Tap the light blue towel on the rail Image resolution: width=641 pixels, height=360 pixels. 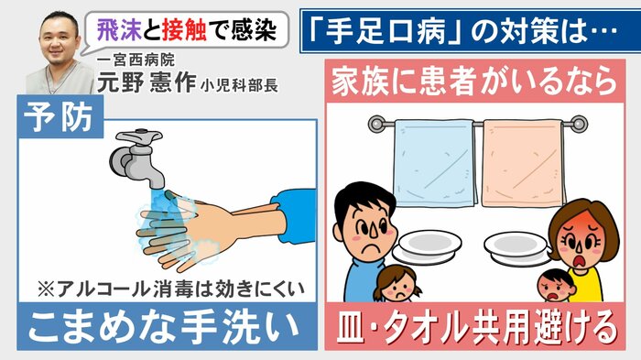[434, 163]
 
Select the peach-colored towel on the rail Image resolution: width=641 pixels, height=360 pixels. [523, 163]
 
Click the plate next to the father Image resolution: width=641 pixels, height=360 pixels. [427, 246]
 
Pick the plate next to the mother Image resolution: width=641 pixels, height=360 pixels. [518, 248]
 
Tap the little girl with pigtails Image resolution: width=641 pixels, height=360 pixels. [397, 283]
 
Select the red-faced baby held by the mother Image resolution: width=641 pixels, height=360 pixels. [556, 286]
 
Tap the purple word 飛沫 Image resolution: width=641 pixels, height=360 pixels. [119, 30]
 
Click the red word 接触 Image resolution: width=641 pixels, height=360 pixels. [184, 30]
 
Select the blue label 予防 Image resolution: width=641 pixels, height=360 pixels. [59, 117]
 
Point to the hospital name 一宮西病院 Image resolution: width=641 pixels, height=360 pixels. [136, 61]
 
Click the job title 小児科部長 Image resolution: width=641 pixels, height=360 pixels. [239, 85]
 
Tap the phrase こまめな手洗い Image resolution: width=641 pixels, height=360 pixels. [164, 327]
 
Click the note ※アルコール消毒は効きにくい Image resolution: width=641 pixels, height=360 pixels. [171, 289]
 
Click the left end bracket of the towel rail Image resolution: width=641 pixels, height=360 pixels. [377, 124]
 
